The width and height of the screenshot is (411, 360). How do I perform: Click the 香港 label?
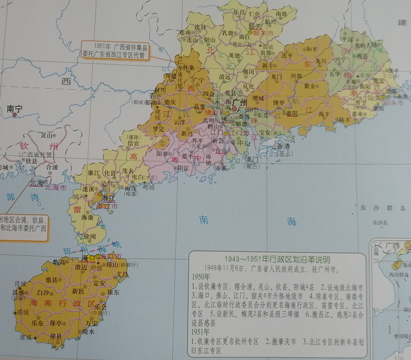tap(263, 146)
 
